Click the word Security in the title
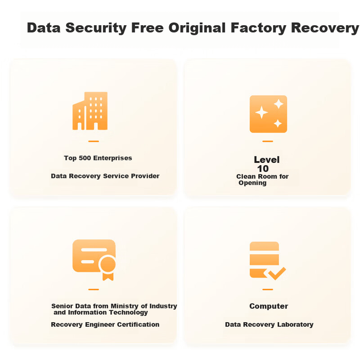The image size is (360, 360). pos(96,28)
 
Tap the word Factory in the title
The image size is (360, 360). pos(259,28)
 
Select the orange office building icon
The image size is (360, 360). pos(90,111)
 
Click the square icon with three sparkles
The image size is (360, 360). pos(269,114)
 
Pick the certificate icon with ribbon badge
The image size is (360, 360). pos(94,260)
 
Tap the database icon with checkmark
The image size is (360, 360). pos(267,261)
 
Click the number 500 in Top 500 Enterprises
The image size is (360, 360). pos(85,158)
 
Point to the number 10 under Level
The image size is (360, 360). pos(263,169)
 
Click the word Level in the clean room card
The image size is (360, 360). pos(266,159)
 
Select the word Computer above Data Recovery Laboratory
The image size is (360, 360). pos(269,306)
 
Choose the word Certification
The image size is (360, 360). pos(138,325)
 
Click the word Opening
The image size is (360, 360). pos(253,183)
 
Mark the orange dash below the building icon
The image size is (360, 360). pos(94,142)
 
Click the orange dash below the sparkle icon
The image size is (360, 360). pos(267,142)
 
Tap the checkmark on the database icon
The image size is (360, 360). pos(277,273)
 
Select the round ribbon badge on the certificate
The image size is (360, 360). pos(108,265)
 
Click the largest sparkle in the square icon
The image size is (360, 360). pos(262,113)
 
